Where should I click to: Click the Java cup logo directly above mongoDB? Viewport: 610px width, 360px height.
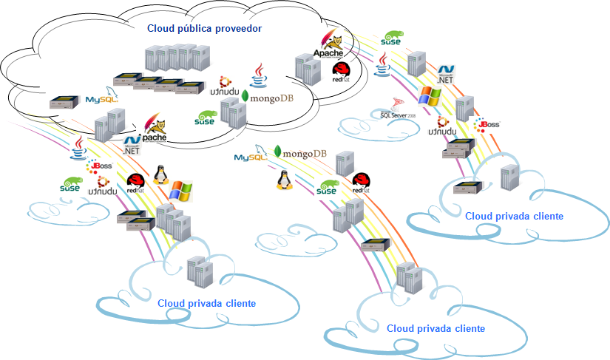point(259,74)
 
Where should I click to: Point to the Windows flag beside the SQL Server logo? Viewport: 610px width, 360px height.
point(429,95)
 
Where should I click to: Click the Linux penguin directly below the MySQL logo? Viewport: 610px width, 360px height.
point(282,180)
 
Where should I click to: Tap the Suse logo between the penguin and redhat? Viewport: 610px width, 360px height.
point(326,188)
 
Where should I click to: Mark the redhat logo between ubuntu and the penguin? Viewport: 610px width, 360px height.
point(136,183)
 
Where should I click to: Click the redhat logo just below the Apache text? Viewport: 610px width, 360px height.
point(341,70)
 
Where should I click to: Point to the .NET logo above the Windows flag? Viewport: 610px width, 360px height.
point(445,72)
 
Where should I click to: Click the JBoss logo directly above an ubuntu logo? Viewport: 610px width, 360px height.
point(99,166)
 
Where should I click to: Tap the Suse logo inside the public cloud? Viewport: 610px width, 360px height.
point(205,117)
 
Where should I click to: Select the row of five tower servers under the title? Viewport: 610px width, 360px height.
point(172,58)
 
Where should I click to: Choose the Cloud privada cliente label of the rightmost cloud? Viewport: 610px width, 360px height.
point(514,217)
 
